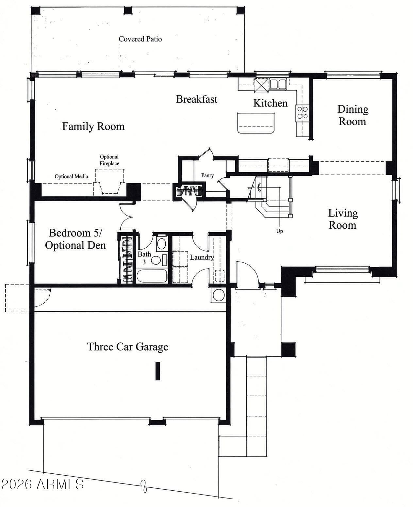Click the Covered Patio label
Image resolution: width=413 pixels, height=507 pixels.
(140, 39)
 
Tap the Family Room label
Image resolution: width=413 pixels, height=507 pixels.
(93, 126)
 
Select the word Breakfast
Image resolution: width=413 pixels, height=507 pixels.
(197, 99)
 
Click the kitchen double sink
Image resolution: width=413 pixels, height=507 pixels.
(278, 84)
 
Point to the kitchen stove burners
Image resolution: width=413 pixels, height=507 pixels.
(302, 113)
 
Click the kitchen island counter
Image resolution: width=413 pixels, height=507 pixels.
(256, 123)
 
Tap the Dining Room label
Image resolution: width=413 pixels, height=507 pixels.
(353, 115)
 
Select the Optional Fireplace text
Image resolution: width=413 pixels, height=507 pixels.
(109, 160)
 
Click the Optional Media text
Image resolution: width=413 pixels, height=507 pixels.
(72, 176)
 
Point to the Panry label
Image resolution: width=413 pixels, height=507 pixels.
(207, 175)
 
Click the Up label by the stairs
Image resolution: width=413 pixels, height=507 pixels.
(279, 231)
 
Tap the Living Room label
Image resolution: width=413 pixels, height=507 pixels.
(343, 219)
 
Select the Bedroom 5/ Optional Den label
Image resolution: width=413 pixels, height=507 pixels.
(75, 239)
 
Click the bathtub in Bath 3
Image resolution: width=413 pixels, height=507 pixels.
(152, 276)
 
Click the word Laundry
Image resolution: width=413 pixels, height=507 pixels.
(202, 257)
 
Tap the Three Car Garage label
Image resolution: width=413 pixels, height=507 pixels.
(127, 347)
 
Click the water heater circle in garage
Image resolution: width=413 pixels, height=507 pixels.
(219, 295)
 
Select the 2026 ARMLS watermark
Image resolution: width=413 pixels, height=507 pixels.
(42, 484)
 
